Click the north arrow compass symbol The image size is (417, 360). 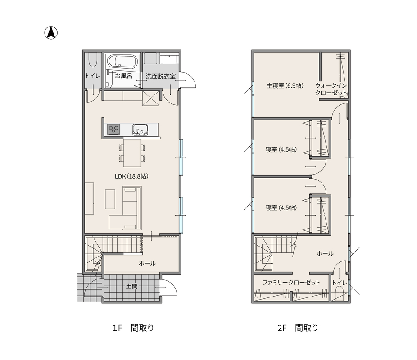[51, 33]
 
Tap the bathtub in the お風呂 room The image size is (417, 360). [122, 62]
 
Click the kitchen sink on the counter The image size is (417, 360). [140, 130]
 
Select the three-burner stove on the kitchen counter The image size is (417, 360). [113, 130]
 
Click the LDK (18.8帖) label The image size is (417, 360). [131, 176]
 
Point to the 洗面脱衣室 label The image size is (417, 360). [161, 76]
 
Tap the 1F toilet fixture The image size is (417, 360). [93, 60]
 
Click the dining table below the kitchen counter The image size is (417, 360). [132, 153]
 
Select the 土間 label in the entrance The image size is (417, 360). [132, 286]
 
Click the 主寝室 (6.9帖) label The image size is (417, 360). [285, 85]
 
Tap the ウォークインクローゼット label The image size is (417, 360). [331, 89]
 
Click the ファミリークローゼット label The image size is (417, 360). [291, 282]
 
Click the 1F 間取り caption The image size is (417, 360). [133, 328]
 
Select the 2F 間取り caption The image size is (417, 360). [298, 328]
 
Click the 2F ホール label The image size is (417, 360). [325, 253]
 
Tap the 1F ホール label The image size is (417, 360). [147, 263]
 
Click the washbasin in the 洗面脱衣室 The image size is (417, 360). [169, 58]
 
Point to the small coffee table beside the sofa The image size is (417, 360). [110, 199]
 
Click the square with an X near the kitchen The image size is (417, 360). [151, 98]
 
